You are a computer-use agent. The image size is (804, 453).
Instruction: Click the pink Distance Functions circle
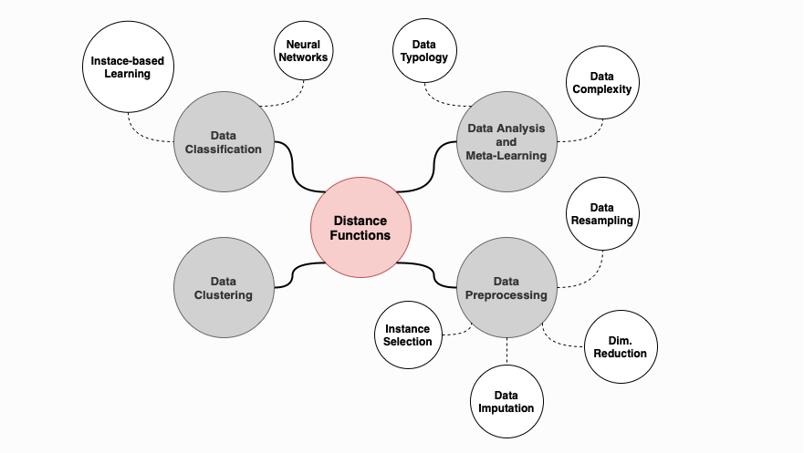pos(361,228)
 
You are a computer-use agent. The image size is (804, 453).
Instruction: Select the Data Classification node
pos(224,141)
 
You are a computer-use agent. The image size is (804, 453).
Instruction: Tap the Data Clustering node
pos(224,288)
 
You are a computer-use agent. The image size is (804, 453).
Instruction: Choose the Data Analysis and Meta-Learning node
pos(506,141)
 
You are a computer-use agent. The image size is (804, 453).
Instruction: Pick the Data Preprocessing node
pos(506,288)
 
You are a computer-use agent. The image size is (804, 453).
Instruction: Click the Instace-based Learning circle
pos(128,67)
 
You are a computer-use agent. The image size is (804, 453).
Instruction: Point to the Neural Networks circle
pos(303,50)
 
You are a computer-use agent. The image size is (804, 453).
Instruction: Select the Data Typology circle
pos(424,50)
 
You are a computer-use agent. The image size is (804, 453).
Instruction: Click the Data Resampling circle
pos(600,214)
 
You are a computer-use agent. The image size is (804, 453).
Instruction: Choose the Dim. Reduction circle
pos(621,346)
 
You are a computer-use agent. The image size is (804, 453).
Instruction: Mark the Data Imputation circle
pos(506,402)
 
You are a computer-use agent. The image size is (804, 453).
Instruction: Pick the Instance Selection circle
pos(408,335)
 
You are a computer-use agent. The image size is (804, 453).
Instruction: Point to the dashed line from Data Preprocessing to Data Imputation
pos(506,351)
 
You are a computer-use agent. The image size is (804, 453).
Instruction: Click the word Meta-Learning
pos(506,155)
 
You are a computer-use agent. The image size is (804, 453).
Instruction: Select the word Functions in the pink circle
pos(361,235)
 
